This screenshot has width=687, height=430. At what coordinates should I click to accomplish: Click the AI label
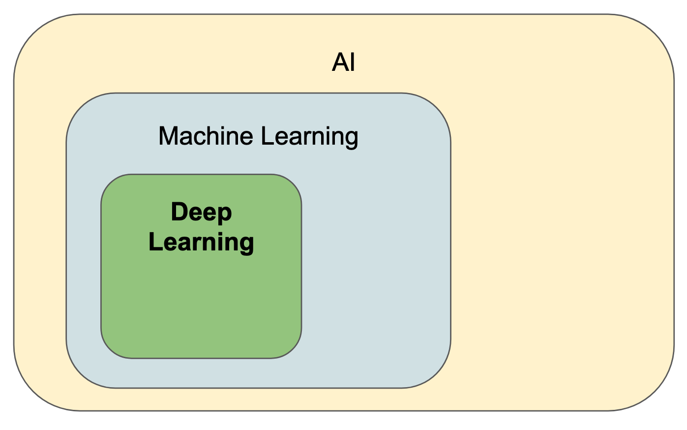[343, 63]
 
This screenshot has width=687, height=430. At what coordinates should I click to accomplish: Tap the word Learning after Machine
[309, 137]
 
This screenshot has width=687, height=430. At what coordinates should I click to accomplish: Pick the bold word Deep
[201, 213]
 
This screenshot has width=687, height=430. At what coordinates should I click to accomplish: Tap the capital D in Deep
[179, 212]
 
